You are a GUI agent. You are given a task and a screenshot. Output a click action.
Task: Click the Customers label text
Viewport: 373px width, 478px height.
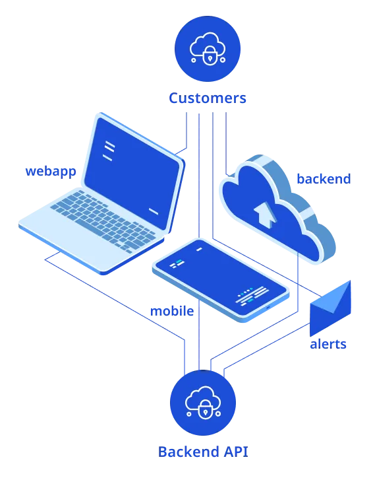(x=208, y=98)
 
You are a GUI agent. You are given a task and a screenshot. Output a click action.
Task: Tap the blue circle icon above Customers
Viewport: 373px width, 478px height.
(x=208, y=49)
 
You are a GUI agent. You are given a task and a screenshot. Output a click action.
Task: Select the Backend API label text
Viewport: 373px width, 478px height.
(x=203, y=452)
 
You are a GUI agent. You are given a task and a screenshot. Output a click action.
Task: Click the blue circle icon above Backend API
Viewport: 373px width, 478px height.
(x=203, y=403)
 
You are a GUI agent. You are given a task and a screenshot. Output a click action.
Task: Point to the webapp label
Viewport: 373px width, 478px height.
(x=51, y=172)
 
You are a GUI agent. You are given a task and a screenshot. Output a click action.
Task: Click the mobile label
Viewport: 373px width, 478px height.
(x=172, y=311)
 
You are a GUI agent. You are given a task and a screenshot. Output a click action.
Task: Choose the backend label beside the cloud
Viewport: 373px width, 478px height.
(x=324, y=179)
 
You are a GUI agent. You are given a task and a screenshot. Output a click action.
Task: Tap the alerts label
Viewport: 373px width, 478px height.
(x=328, y=344)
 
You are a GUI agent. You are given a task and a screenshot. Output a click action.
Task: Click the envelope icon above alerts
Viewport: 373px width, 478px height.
(x=330, y=308)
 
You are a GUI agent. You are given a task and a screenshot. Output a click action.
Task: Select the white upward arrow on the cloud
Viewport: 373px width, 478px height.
(x=266, y=214)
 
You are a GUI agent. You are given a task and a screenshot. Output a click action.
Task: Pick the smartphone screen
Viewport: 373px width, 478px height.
(x=221, y=278)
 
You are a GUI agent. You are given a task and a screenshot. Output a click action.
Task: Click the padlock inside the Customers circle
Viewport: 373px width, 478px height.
(x=210, y=55)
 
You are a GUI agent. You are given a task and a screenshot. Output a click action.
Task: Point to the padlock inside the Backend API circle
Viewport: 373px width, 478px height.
(x=205, y=409)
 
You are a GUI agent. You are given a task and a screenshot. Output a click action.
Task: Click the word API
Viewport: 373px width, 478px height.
(x=236, y=452)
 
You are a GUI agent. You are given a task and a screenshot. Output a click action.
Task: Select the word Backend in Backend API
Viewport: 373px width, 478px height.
(x=188, y=452)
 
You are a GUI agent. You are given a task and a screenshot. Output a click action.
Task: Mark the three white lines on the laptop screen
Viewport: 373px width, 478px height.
(x=109, y=151)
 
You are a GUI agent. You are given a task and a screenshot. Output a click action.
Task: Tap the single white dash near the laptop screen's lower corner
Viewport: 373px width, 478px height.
(x=154, y=211)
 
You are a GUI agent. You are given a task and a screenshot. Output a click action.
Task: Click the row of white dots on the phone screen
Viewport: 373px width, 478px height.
(x=245, y=292)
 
